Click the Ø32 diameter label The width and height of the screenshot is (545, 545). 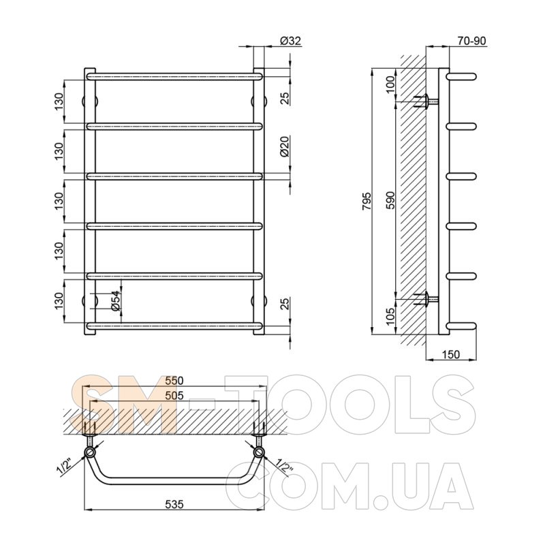(290, 41)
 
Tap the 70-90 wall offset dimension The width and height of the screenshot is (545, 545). (471, 41)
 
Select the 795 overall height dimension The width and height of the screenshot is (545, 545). (367, 200)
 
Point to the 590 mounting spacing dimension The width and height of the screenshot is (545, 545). (390, 200)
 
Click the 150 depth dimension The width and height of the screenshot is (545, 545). (451, 354)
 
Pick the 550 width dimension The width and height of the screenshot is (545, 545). (174, 381)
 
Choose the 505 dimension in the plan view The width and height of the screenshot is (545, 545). (174, 396)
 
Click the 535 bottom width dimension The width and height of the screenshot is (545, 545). (174, 504)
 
